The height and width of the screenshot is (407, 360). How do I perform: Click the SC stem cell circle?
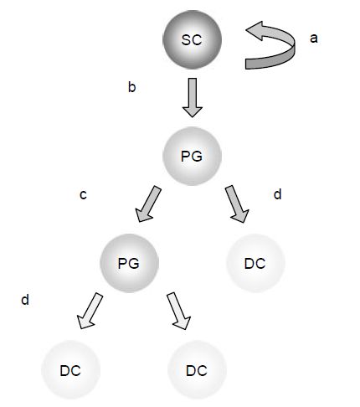click(192, 39)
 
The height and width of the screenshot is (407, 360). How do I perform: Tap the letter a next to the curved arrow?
click(314, 39)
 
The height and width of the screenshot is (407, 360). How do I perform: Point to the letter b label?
click(131, 87)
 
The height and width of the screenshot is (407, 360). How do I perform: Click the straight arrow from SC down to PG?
click(193, 97)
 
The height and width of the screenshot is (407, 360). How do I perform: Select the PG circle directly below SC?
click(192, 156)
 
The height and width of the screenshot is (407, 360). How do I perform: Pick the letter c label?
click(83, 194)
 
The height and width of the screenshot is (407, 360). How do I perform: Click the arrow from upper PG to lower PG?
click(148, 204)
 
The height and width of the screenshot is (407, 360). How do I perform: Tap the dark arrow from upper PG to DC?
click(237, 204)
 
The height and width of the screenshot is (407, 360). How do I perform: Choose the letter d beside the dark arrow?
click(277, 194)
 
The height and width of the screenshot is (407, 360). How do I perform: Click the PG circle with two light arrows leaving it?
click(129, 263)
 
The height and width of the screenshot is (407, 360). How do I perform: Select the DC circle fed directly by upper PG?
click(255, 263)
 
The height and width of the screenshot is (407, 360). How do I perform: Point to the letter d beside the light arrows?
click(25, 300)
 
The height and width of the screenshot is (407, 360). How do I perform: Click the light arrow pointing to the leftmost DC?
click(90, 311)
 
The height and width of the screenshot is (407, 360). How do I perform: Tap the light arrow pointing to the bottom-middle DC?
click(179, 311)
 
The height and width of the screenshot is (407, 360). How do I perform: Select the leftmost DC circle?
click(71, 370)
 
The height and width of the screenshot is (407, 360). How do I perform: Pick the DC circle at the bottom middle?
click(197, 370)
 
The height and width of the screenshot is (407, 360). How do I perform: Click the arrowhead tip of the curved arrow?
click(246, 30)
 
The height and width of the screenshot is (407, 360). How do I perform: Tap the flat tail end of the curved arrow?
click(245, 64)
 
